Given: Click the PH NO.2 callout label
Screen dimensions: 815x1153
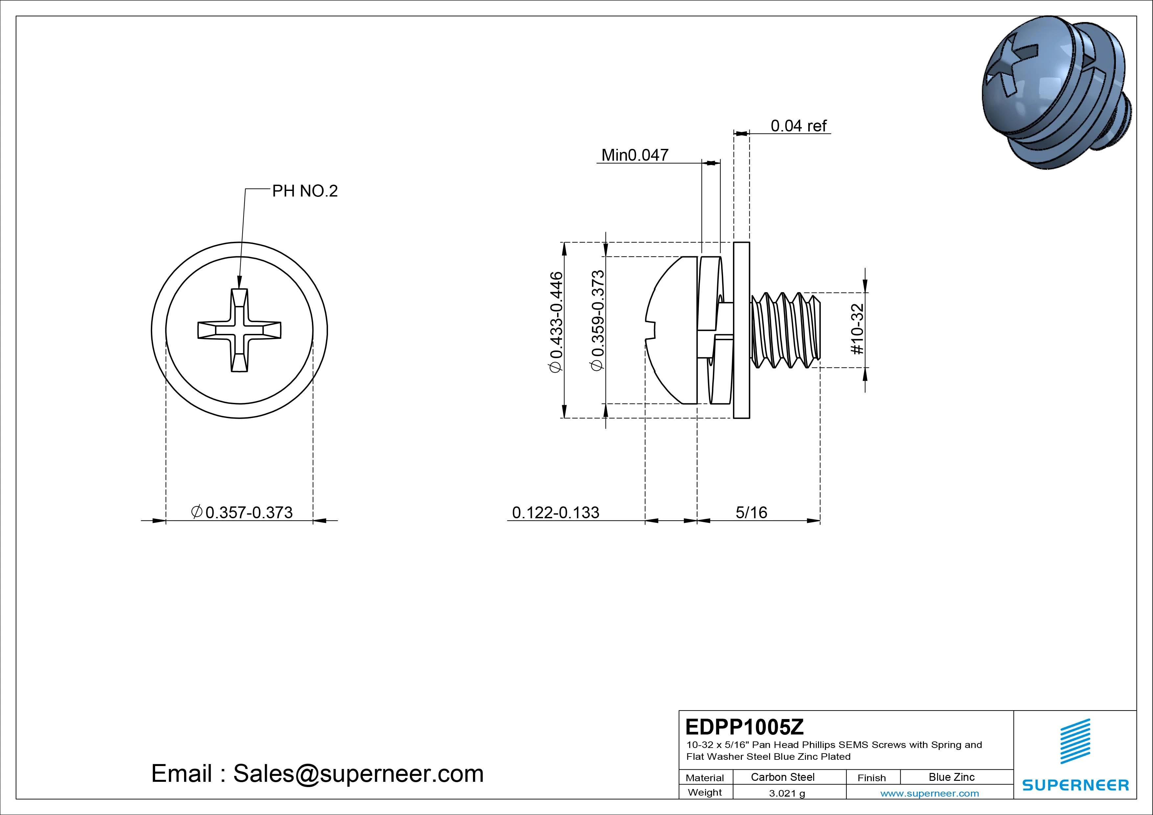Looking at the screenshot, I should [x=304, y=191].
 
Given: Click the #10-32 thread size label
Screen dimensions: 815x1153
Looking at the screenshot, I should [x=857, y=329].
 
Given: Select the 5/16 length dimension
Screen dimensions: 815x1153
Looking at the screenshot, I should [x=751, y=512].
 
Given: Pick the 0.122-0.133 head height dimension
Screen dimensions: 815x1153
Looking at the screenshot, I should [x=555, y=512].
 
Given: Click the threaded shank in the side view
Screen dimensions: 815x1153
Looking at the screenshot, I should [x=786, y=330].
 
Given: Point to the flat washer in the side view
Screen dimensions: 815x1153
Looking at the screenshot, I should [x=741, y=330].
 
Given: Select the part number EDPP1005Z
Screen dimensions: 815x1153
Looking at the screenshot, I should [x=744, y=727].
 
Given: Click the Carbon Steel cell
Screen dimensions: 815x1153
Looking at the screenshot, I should [x=782, y=777].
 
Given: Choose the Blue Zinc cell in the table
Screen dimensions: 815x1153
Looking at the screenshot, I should [x=951, y=777].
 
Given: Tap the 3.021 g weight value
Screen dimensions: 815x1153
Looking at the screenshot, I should [x=787, y=793].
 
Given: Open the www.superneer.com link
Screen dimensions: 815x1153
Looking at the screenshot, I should [x=929, y=793].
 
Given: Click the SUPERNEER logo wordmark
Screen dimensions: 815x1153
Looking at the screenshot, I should [x=1075, y=785].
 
